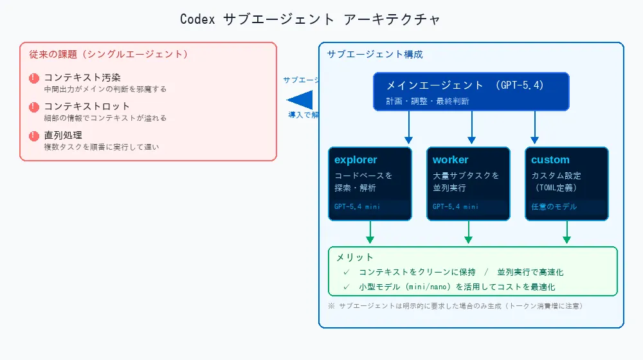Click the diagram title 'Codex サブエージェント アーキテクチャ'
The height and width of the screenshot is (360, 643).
coord(310,19)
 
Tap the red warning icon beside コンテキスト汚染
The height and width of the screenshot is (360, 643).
coord(34,78)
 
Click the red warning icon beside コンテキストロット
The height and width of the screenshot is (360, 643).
coord(34,107)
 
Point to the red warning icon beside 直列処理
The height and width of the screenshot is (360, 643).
coord(34,136)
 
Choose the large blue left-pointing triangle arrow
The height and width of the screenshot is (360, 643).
coord(300,100)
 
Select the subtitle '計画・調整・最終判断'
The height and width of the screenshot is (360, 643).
coord(428,102)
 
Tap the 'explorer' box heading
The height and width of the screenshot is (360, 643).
coord(356,160)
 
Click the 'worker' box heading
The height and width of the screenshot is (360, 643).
coord(450,160)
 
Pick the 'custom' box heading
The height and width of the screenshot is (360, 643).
coord(550,160)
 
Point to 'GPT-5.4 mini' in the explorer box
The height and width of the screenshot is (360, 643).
coord(358,207)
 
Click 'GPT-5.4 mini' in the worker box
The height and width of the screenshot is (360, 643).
coord(455,207)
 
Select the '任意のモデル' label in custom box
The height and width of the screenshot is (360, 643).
coord(554,207)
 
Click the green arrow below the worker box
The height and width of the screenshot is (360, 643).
coord(468,233)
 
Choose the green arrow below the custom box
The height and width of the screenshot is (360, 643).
coord(566,233)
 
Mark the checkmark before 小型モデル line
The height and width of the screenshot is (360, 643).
coord(346,287)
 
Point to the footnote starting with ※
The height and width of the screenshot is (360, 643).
coord(455,306)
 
